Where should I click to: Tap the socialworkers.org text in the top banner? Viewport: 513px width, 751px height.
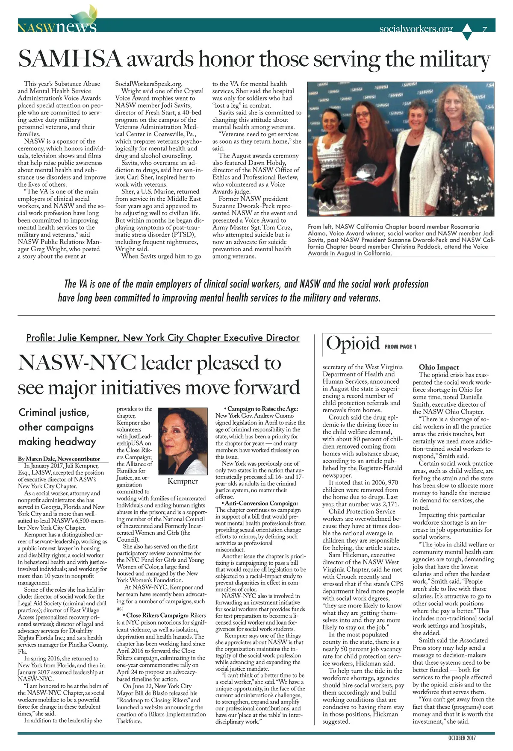coord(416,29)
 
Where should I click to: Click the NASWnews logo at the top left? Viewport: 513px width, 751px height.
coord(57,26)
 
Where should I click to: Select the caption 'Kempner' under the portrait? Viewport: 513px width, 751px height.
coord(183,481)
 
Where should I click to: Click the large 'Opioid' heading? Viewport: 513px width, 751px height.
coord(353,343)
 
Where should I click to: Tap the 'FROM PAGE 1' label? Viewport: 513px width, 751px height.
coord(400,346)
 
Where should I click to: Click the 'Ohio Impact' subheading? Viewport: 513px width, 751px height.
coord(439,367)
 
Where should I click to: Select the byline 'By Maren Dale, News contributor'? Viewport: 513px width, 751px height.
coord(59,458)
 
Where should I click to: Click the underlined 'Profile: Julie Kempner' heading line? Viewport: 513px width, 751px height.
coord(162,337)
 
